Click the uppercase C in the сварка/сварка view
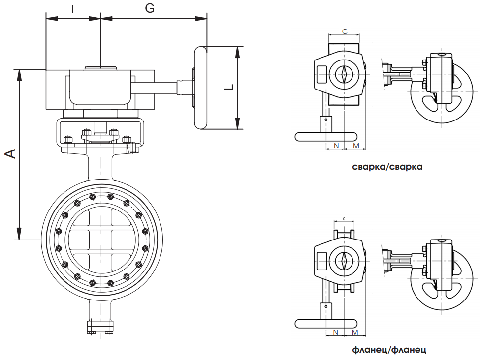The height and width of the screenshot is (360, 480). [345, 31]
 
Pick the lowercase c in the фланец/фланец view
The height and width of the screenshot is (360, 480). [344, 218]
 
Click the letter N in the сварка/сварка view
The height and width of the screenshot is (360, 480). [336, 146]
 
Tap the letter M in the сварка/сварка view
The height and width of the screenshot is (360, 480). [356, 146]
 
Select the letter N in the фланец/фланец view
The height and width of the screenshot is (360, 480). [336, 333]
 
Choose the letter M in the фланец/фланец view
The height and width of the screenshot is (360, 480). [355, 333]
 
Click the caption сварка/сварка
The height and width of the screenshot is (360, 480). [387, 167]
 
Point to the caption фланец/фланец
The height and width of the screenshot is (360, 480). [389, 350]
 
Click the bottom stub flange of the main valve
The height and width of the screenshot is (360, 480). [100, 327]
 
